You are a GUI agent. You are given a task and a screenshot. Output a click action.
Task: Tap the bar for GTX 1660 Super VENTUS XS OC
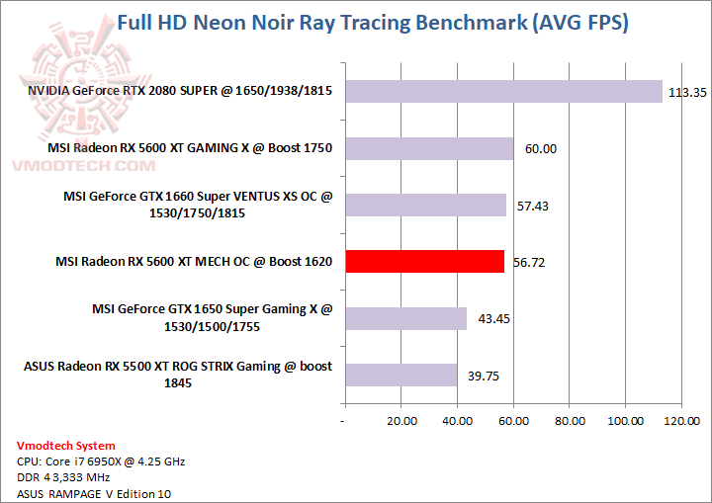pyautogui.click(x=424, y=205)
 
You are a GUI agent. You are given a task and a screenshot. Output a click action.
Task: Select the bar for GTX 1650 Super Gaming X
pyautogui.click(x=404, y=318)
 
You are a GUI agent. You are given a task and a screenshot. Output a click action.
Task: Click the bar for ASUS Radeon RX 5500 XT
pyautogui.click(x=400, y=375)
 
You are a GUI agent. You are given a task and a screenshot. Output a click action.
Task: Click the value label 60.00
pyautogui.click(x=541, y=149)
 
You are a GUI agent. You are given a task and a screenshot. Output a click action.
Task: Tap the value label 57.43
pyautogui.click(x=533, y=207)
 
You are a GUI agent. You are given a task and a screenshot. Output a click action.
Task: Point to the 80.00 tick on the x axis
pyautogui.click(x=569, y=420)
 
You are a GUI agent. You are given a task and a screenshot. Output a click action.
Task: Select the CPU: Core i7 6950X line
pyautogui.click(x=101, y=461)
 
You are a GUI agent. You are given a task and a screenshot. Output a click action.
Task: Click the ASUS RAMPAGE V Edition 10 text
pyautogui.click(x=87, y=493)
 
